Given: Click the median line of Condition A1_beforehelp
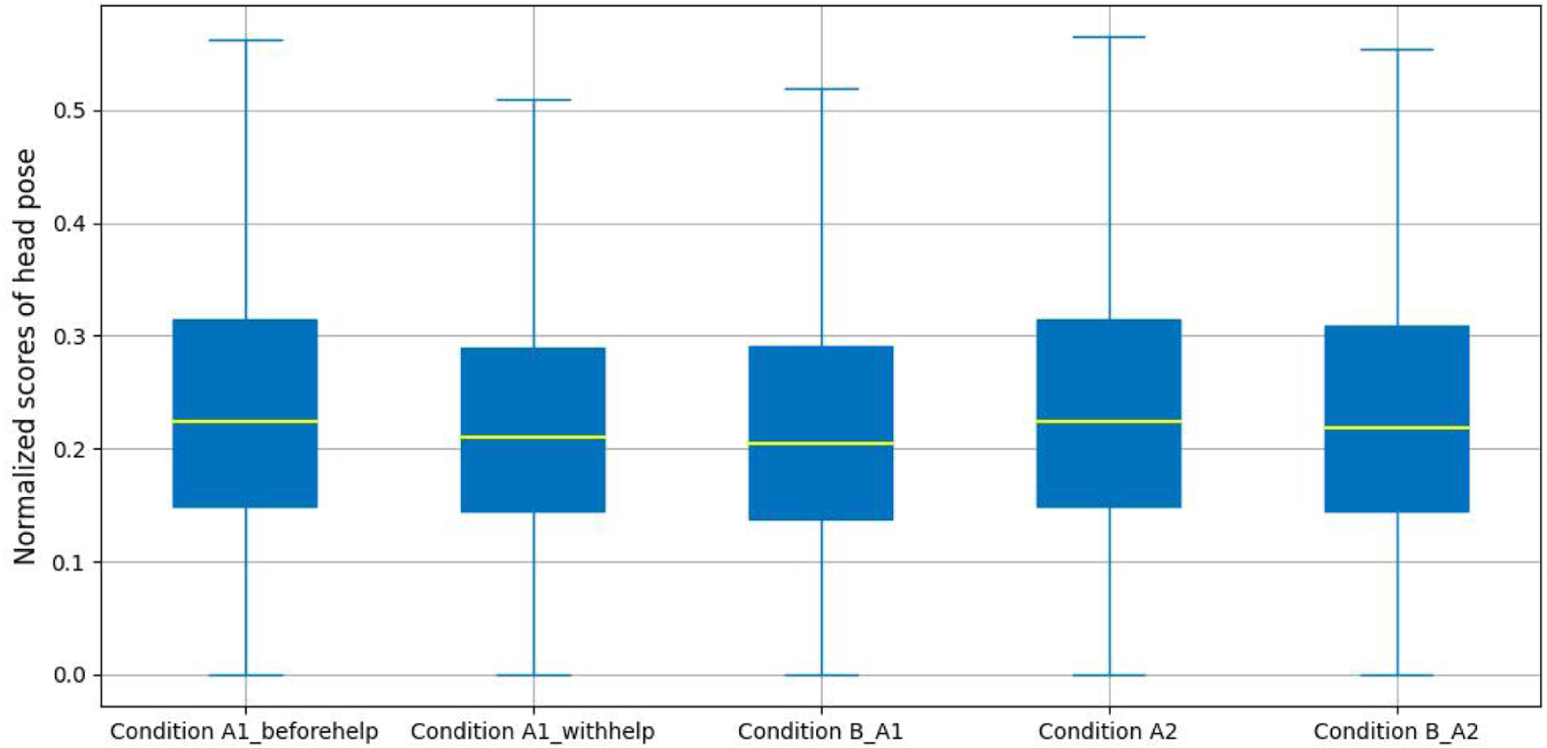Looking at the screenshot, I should [245, 422].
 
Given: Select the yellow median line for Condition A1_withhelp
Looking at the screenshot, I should [533, 437].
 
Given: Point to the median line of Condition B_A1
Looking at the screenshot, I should [821, 443].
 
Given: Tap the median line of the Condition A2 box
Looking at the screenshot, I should [1109, 422].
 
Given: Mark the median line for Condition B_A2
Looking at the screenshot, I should [1397, 428].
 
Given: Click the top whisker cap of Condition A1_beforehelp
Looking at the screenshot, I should [245, 41].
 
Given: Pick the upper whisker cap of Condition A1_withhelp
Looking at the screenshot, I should [533, 100].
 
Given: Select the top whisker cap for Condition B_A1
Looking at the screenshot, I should [821, 89].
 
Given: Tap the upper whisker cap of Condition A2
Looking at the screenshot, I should [1109, 37].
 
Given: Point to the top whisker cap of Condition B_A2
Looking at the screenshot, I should [1397, 50].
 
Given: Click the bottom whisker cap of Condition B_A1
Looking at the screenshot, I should [821, 675].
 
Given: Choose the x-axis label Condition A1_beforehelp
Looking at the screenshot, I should [244, 732].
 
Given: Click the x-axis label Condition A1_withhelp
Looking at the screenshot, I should [533, 732].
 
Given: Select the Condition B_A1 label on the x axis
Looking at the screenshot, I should [820, 732].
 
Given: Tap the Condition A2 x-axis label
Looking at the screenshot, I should [1108, 732].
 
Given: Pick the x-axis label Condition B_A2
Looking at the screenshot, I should [1396, 732].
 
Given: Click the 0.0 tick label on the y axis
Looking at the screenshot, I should [71, 675].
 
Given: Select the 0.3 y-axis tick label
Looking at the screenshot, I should [71, 337].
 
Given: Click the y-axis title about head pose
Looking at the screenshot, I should [25, 356].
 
